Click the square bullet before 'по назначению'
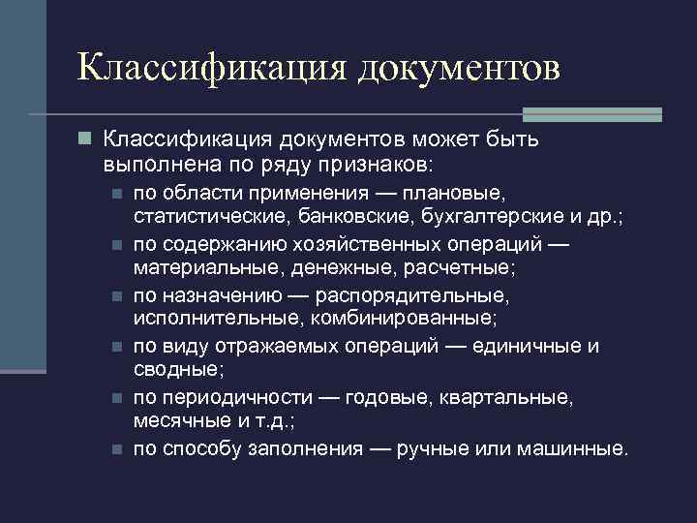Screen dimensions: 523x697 tap(116, 294)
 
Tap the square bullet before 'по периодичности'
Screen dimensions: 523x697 tap(116, 398)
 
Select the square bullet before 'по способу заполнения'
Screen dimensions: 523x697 tap(116, 449)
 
